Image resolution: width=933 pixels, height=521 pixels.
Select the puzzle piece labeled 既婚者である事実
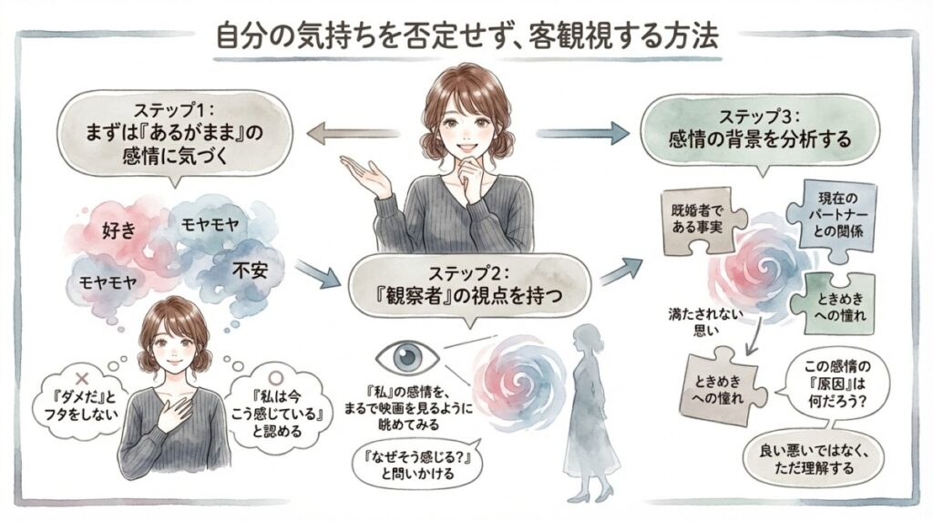coord(700,221)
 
